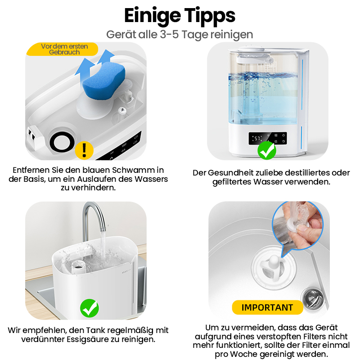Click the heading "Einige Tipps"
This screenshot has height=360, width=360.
point(180,16)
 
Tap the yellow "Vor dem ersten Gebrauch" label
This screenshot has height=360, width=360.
point(62,49)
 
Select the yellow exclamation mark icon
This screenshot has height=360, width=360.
point(84,150)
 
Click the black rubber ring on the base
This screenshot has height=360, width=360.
point(62,143)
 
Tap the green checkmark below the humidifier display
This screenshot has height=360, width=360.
point(266,150)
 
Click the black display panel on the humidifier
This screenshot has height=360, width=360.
point(268,138)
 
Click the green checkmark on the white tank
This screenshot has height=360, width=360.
point(90,308)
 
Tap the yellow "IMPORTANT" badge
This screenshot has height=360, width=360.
point(267,307)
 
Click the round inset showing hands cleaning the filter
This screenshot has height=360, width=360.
point(298,226)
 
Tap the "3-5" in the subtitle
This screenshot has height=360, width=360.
point(170,35)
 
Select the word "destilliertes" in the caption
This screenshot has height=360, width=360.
point(305,173)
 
